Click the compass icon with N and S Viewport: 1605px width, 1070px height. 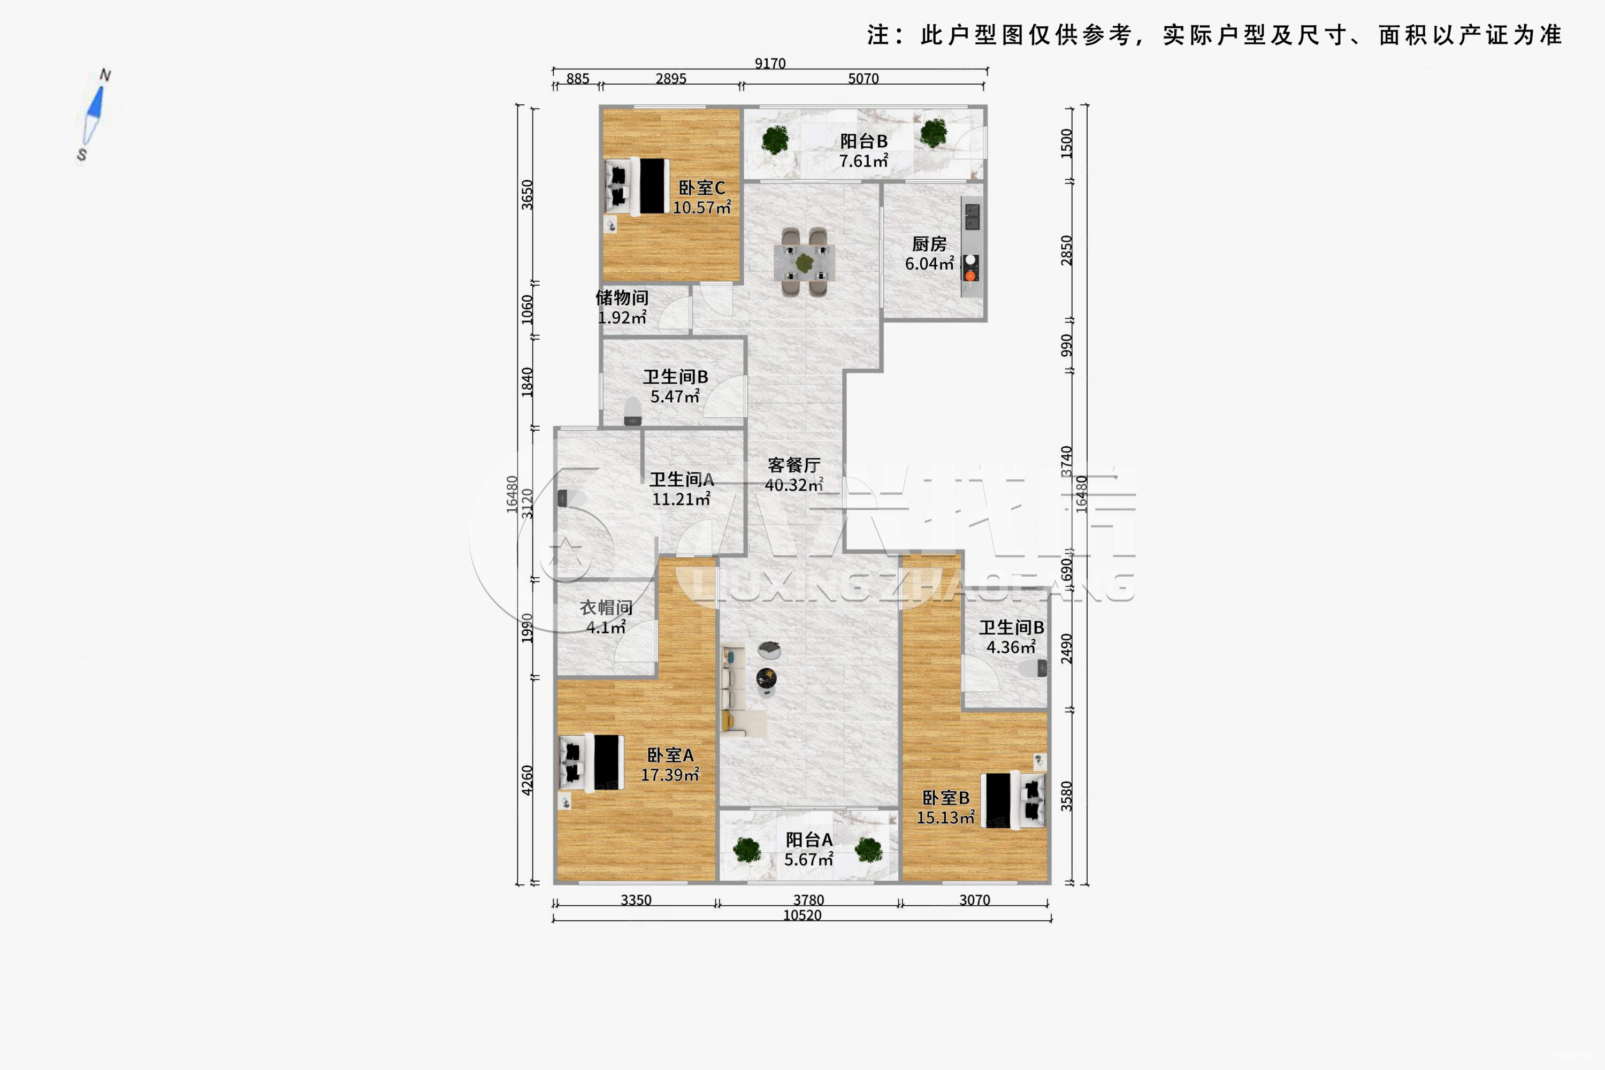94,114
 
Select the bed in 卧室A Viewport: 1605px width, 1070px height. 592,762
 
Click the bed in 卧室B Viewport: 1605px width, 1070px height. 1014,800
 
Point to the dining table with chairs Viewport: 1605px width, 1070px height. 804,262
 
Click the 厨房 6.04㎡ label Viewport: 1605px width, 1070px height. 929,254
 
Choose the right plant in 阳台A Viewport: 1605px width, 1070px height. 869,850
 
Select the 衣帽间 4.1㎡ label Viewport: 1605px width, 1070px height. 606,617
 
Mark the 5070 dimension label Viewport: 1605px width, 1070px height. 863,79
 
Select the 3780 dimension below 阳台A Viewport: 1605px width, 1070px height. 808,900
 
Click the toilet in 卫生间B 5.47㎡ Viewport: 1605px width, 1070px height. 632,411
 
